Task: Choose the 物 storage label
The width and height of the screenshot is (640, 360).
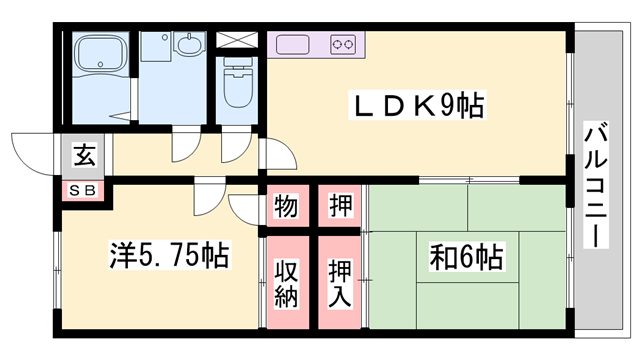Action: (285, 208)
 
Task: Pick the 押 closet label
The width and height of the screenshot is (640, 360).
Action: (340, 208)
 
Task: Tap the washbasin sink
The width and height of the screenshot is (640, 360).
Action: (186, 45)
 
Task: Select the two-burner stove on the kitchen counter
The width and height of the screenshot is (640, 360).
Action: (344, 44)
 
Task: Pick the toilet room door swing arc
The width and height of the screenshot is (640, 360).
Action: (234, 148)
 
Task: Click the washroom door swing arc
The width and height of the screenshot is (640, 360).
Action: (185, 148)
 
